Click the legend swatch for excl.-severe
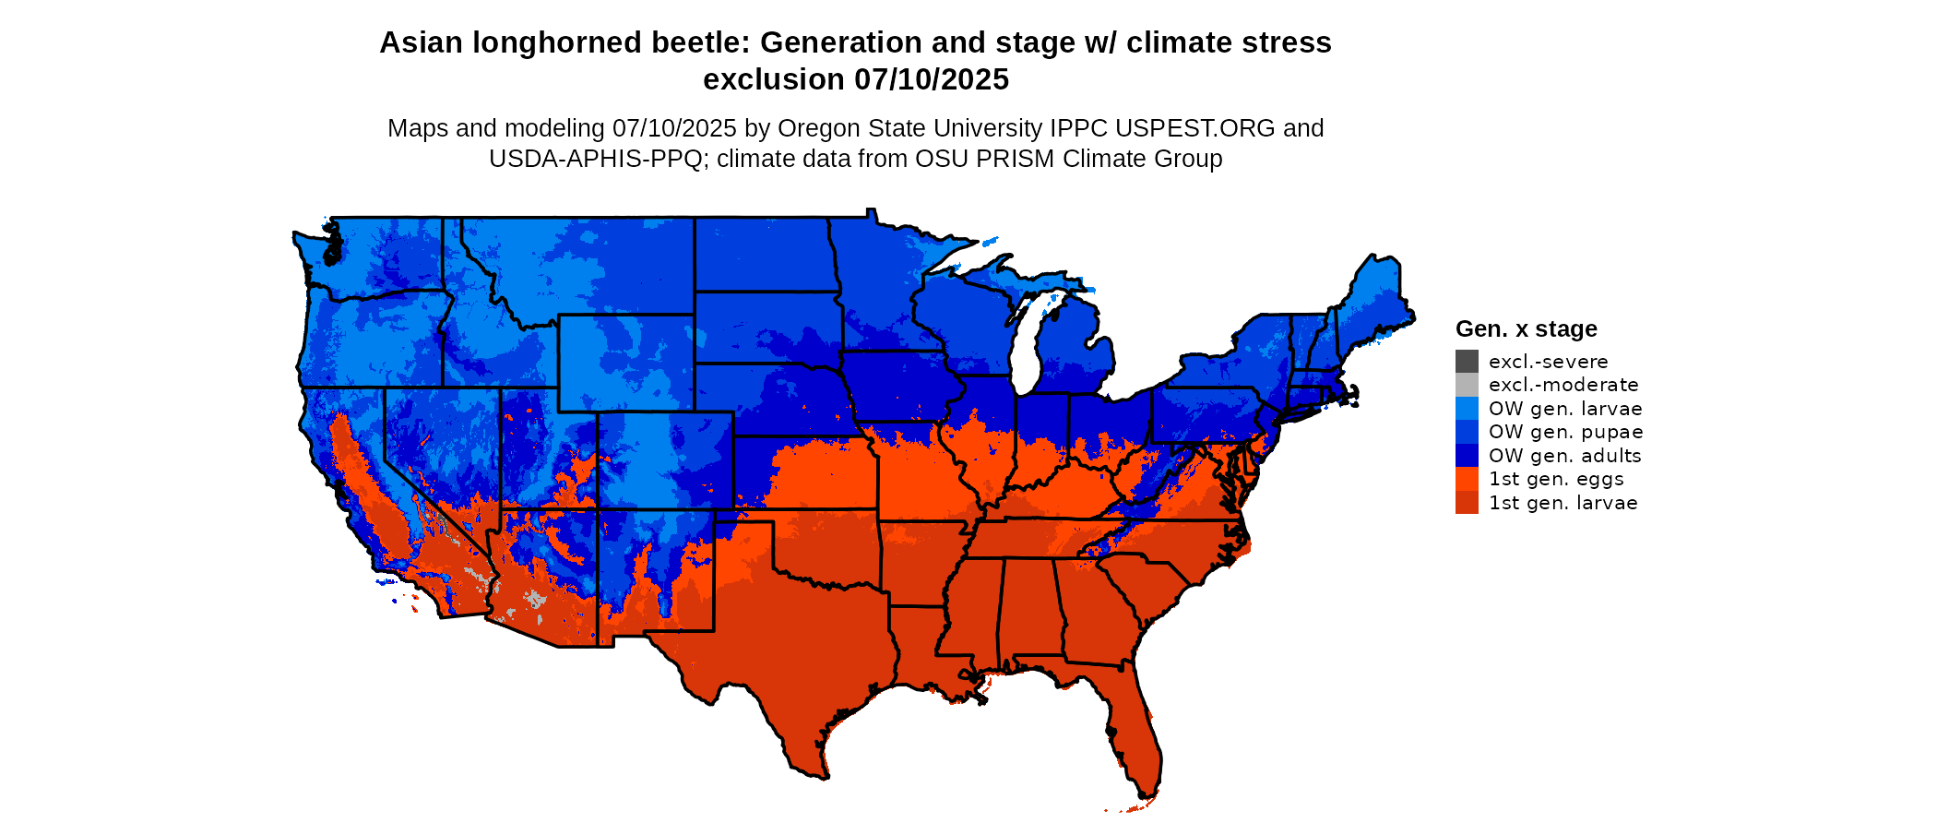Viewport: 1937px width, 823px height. click(x=1467, y=362)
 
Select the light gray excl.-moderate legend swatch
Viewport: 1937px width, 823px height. click(x=1467, y=385)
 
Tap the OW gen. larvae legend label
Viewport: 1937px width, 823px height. click(x=1565, y=409)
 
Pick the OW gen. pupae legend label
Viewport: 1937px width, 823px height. click(x=1565, y=432)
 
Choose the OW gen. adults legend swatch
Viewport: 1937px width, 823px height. click(x=1467, y=456)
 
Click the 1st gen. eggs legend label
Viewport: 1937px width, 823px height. click(x=1556, y=479)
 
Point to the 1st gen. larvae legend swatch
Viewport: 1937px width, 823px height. click(x=1467, y=503)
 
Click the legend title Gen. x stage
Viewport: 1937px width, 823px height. click(x=1526, y=329)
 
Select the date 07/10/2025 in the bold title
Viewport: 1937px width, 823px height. click(x=932, y=80)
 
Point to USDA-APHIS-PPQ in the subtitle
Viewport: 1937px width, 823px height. click(x=596, y=159)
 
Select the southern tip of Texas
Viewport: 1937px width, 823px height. click(x=816, y=766)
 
